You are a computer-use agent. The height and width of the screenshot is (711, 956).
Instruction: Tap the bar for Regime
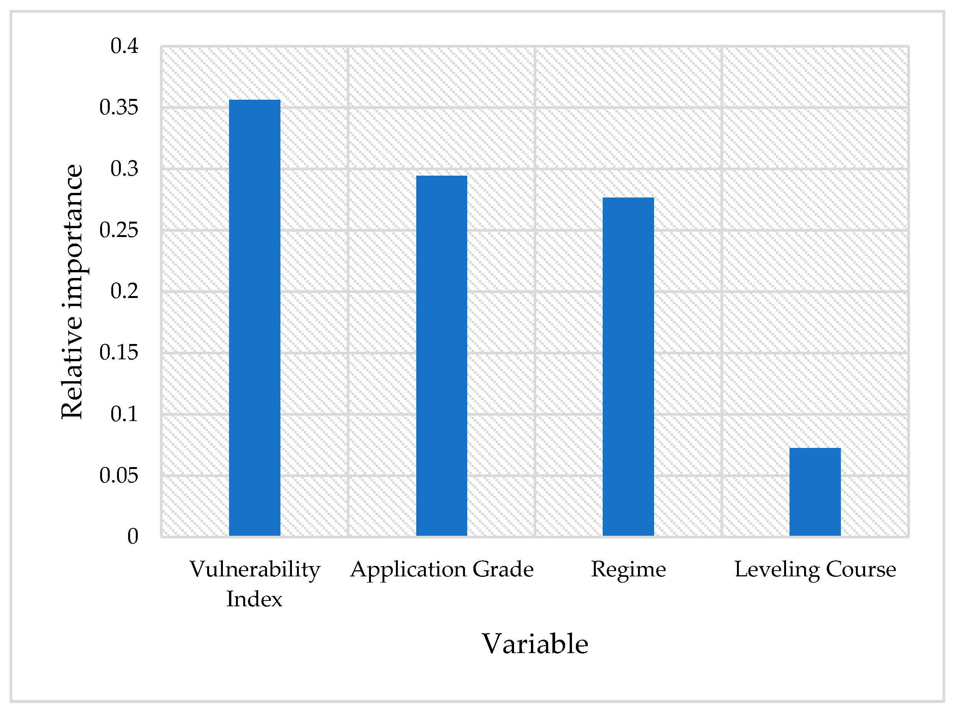(628, 367)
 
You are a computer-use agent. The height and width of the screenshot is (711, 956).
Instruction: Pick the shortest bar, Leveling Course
(815, 492)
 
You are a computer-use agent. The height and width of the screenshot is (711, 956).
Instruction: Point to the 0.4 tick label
(124, 46)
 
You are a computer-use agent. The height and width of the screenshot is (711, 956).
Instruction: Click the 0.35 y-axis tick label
(119, 107)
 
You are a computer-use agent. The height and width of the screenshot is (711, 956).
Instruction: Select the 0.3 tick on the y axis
(124, 168)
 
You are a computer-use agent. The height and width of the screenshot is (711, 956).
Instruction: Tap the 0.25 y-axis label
(119, 230)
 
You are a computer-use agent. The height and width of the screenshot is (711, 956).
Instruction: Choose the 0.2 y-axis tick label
(124, 291)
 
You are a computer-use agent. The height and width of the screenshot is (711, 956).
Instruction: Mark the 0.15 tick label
(119, 352)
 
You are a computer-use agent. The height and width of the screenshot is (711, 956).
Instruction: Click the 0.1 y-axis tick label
(124, 414)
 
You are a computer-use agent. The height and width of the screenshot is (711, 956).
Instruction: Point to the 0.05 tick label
(119, 475)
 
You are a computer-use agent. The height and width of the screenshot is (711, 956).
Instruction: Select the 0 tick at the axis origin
(133, 536)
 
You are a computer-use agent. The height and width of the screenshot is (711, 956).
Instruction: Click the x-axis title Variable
(535, 644)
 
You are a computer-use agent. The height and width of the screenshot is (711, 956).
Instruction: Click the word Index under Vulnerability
(254, 599)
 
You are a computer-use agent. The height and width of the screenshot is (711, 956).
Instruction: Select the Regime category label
(628, 569)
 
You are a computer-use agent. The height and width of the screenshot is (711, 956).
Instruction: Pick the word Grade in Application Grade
(503, 569)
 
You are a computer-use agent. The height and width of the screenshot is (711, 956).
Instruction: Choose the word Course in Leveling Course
(861, 569)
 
